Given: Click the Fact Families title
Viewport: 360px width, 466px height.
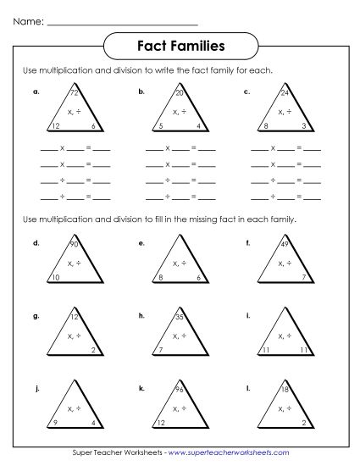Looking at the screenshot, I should click(x=180, y=44).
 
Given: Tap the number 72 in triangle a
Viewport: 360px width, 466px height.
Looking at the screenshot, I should click(x=75, y=92).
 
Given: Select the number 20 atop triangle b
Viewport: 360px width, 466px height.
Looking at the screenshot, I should click(x=179, y=92).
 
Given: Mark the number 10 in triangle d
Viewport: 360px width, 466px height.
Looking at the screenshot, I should click(x=55, y=278).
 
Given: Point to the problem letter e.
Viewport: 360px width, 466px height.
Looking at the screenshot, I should click(x=141, y=243).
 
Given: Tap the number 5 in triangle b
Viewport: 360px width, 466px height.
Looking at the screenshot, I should click(x=161, y=125).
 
